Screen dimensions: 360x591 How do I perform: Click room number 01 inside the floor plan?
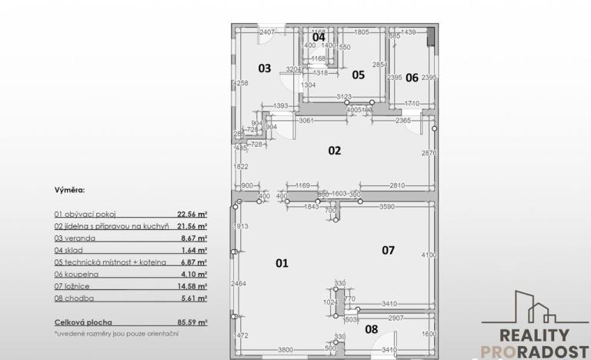(282, 263)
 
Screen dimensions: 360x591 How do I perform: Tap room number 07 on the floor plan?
(388, 250)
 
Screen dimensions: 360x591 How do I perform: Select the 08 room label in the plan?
(371, 329)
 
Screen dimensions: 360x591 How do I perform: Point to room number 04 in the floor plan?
(319, 37)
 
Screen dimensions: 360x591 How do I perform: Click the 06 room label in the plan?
(412, 77)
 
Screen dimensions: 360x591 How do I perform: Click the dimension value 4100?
(429, 255)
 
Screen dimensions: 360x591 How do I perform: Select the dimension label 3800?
(285, 350)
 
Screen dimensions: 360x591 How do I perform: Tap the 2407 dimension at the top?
(267, 32)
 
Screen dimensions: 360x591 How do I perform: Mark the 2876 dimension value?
(429, 154)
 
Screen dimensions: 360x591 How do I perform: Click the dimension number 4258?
(241, 83)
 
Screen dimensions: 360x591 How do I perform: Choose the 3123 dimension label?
(345, 96)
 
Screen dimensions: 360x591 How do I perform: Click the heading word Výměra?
(69, 188)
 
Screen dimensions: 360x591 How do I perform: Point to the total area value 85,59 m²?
(192, 324)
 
